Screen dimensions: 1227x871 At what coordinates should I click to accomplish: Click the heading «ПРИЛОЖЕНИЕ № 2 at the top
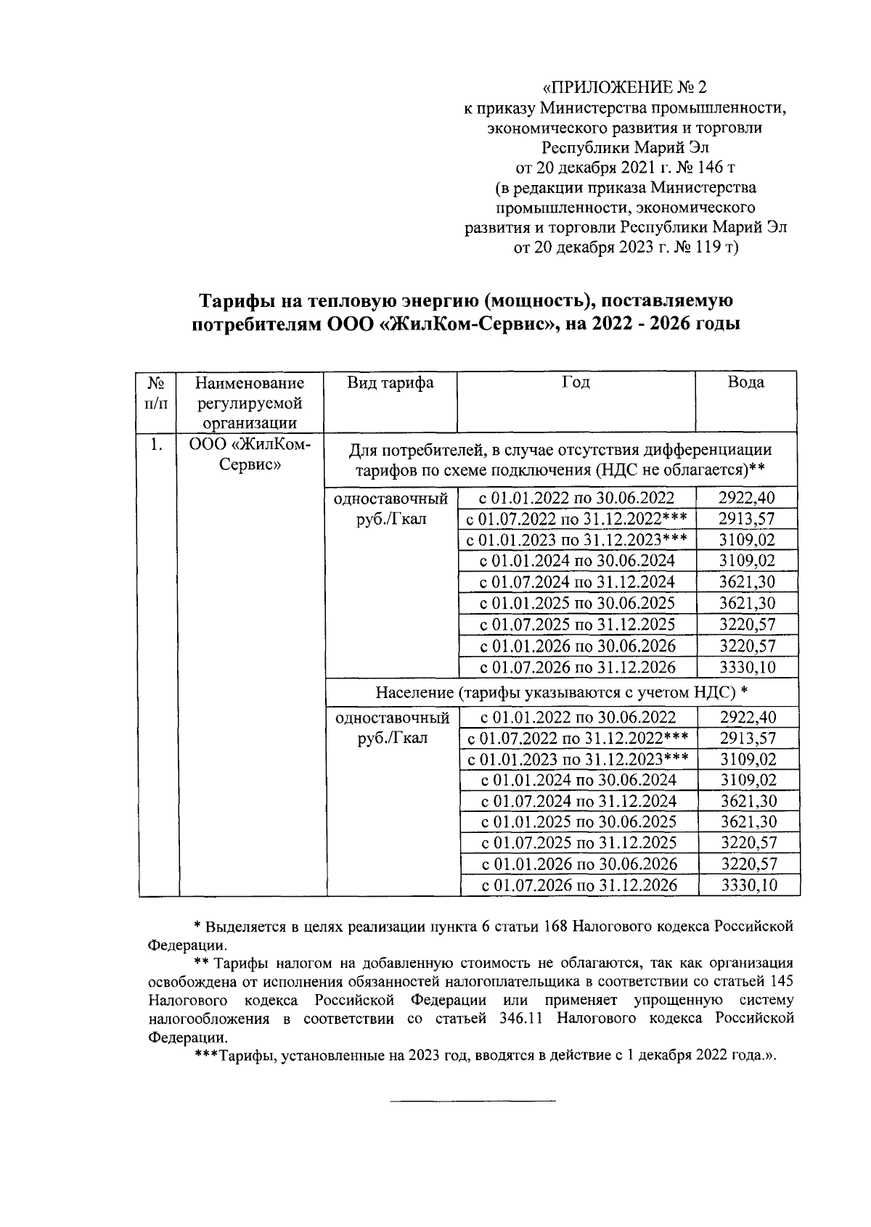pos(625,88)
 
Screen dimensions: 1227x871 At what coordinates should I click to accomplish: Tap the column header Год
pos(576,383)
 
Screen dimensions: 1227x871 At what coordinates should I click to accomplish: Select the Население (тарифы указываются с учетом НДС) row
pos(562,692)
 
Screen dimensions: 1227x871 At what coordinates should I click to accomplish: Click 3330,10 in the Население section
pos(748,885)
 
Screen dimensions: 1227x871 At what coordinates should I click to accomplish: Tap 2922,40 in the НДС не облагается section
pos(747,498)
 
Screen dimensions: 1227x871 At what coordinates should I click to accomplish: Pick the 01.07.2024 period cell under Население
pos(578,801)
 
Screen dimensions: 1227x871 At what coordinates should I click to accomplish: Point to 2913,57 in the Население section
pos(748,739)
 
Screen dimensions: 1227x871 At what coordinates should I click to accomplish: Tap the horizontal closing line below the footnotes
pos(473,1101)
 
